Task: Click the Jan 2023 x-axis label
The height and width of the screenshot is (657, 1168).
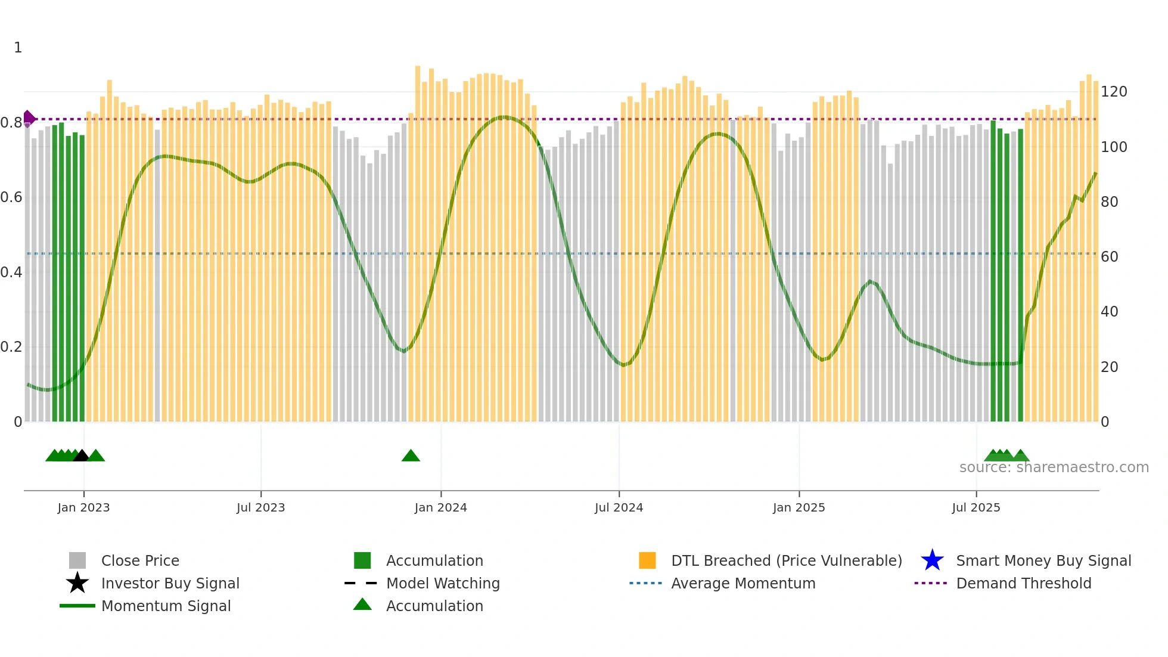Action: pyautogui.click(x=83, y=507)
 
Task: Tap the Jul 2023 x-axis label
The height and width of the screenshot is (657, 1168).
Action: pyautogui.click(x=260, y=507)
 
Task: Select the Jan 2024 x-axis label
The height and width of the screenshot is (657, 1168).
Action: pyautogui.click(x=440, y=507)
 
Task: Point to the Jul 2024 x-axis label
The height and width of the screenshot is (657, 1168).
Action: pyautogui.click(x=619, y=507)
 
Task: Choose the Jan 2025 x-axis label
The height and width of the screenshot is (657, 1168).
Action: pyautogui.click(x=799, y=507)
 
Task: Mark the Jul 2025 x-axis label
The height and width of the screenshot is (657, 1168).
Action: pyautogui.click(x=976, y=507)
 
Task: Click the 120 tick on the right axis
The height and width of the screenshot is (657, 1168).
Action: pyautogui.click(x=1113, y=92)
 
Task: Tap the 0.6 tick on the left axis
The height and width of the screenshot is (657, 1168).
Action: pyautogui.click(x=11, y=197)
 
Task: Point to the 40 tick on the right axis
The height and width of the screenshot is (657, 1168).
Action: pyautogui.click(x=1109, y=312)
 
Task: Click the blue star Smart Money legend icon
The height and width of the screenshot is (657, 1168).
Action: pyautogui.click(x=932, y=560)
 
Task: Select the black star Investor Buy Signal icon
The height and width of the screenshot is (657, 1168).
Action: pyautogui.click(x=77, y=583)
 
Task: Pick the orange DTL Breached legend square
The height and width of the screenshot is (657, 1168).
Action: pyautogui.click(x=647, y=560)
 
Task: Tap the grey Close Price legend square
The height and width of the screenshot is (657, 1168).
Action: pyautogui.click(x=77, y=560)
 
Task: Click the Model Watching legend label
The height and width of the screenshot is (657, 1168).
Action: pyautogui.click(x=443, y=583)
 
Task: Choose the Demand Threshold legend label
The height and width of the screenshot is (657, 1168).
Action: pyautogui.click(x=1023, y=583)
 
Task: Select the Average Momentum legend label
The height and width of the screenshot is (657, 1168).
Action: pyautogui.click(x=743, y=583)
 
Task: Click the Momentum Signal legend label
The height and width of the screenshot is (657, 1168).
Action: pyautogui.click(x=166, y=606)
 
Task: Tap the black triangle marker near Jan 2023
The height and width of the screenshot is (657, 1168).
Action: pyautogui.click(x=81, y=456)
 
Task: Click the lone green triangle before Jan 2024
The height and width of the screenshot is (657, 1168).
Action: pyautogui.click(x=411, y=456)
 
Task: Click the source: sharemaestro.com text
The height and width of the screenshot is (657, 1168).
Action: pyautogui.click(x=1054, y=467)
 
